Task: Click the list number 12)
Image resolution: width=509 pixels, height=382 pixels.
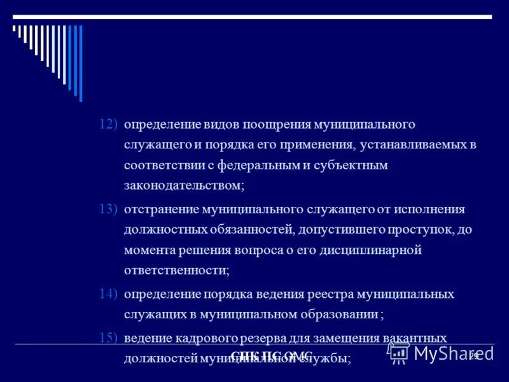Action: pyautogui.click(x=108, y=124)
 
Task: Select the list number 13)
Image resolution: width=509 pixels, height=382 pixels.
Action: pyautogui.click(x=108, y=209)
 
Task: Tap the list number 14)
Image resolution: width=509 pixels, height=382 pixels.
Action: pyautogui.click(x=108, y=294)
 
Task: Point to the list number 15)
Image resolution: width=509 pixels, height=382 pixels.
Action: pyautogui.click(x=108, y=337)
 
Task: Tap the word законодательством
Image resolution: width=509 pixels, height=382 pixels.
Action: pyautogui.click(x=184, y=186)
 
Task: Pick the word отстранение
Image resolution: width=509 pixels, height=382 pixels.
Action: pyautogui.click(x=161, y=209)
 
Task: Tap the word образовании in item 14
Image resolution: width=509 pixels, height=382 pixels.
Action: pyautogui.click(x=338, y=315)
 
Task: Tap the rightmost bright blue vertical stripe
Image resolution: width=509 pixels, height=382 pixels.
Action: pyautogui.click(x=81, y=64)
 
